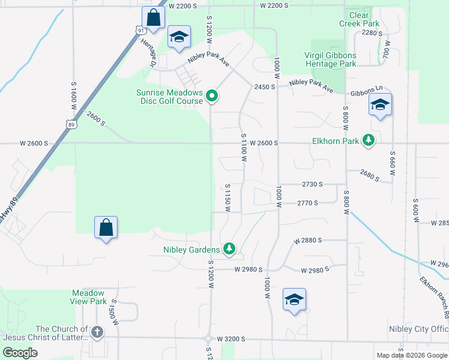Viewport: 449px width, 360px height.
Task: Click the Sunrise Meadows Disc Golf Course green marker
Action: click(x=212, y=95)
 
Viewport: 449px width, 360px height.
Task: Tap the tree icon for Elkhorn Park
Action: click(x=369, y=141)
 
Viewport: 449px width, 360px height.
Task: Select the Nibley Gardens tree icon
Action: click(x=229, y=248)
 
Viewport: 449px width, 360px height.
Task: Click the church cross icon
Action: click(x=97, y=332)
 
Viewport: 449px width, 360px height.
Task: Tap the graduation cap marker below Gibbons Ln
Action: click(x=380, y=106)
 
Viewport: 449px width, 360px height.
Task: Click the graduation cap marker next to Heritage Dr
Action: click(x=179, y=37)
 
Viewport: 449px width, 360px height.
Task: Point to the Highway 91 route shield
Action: click(x=140, y=30)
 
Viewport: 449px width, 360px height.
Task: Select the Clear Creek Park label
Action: click(x=360, y=19)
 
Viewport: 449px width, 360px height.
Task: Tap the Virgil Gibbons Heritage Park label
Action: click(x=330, y=59)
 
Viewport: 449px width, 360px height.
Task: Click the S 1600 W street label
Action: click(x=74, y=95)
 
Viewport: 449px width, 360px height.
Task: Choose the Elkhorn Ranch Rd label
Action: click(x=434, y=296)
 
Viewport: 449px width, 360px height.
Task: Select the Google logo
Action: click(x=20, y=353)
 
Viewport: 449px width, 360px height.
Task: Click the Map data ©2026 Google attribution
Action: click(x=411, y=355)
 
